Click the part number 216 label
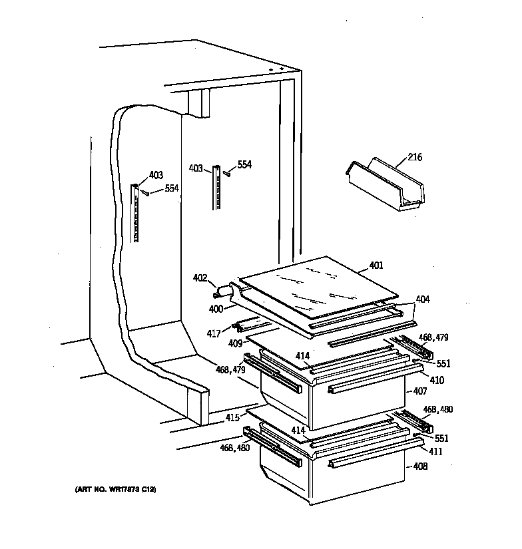(414, 158)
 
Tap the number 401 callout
(376, 266)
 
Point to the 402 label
(200, 277)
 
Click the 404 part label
(423, 299)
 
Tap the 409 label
(234, 345)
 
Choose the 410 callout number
(437, 381)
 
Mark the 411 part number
(435, 452)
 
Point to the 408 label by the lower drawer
(420, 466)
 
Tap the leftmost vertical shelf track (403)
(136, 213)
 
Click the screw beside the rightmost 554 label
(228, 173)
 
